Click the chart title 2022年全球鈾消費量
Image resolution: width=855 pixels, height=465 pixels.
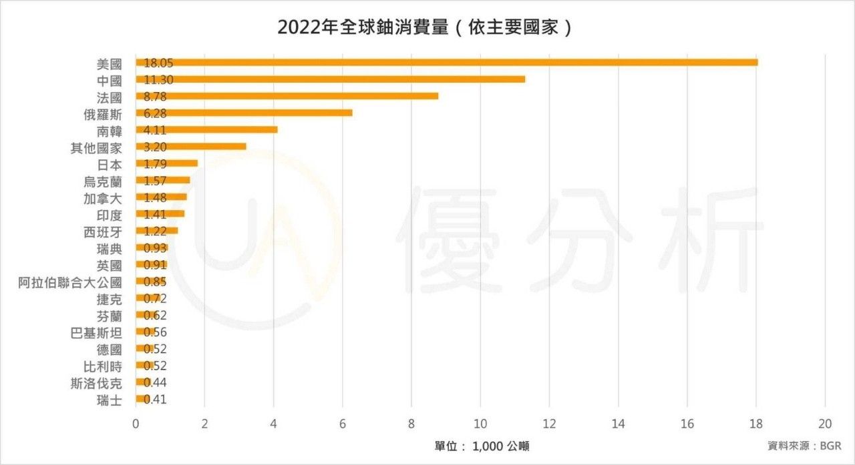[425, 27]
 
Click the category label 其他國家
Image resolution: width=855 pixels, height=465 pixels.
[96, 147]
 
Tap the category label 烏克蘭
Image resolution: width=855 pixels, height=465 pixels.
[103, 181]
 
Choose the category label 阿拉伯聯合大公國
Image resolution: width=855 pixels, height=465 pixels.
[70, 282]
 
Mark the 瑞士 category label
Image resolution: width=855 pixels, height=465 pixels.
[110, 400]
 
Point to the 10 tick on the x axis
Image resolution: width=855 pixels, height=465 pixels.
[480, 424]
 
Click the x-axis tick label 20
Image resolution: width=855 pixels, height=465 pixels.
[825, 424]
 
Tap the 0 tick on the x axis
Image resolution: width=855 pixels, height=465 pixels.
[136, 424]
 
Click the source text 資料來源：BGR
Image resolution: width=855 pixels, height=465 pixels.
[804, 446]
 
